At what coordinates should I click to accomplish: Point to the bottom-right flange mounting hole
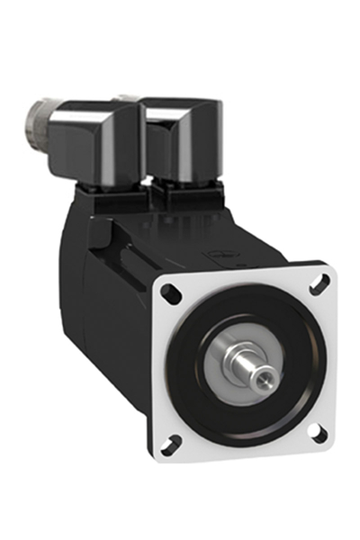coord(316,433)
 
